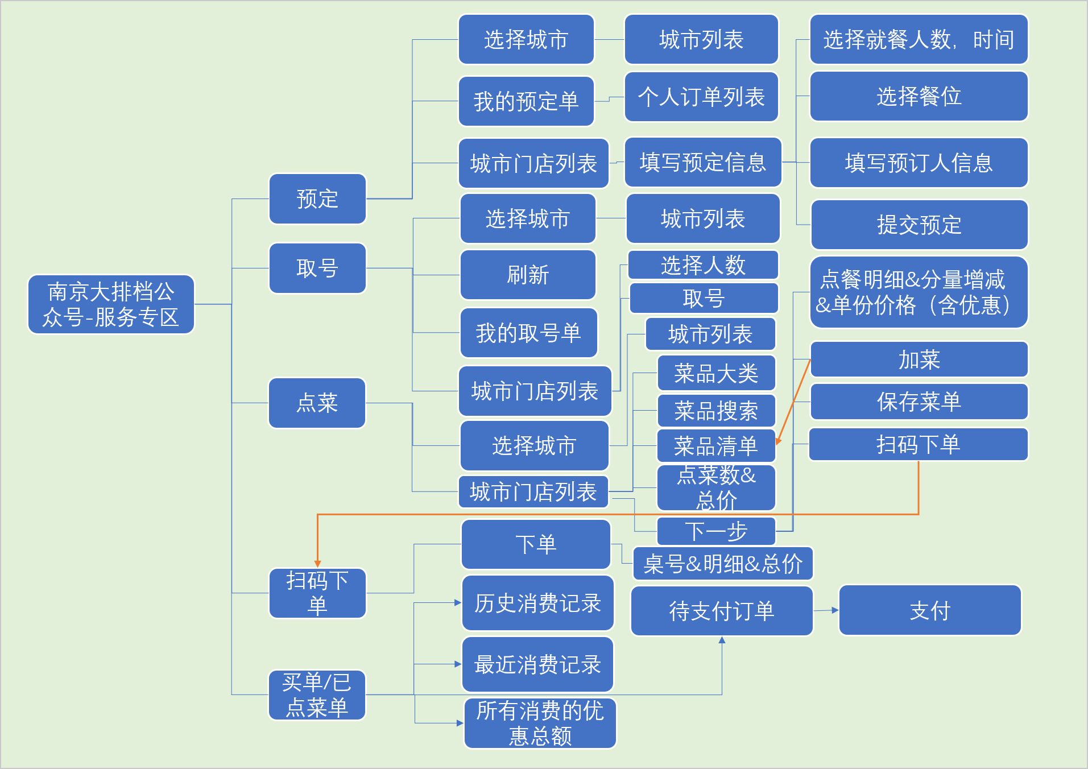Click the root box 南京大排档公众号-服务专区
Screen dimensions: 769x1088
pos(111,304)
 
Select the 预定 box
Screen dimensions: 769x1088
pos(317,199)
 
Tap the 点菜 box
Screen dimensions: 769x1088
pos(317,403)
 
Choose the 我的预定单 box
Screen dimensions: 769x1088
pos(526,101)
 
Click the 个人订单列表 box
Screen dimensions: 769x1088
pos(701,97)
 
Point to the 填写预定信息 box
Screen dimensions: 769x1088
pos(703,162)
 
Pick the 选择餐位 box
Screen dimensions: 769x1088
pos(919,96)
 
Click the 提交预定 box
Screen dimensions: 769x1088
pos(919,225)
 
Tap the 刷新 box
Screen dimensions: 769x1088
pos(528,275)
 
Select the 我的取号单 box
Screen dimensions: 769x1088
pos(528,333)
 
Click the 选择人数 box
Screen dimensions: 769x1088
pos(703,265)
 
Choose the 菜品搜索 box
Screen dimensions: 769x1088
pos(716,411)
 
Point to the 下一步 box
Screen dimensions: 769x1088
pos(716,531)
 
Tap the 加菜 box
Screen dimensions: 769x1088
pos(919,359)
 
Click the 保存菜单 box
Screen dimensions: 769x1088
pos(919,402)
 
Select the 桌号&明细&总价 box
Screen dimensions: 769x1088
pos(723,564)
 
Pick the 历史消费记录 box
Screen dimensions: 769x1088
pos(537,603)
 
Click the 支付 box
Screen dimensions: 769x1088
pos(930,610)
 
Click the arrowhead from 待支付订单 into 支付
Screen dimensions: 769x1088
pos(835,610)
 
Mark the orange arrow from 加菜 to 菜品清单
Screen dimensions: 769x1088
pos(793,402)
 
